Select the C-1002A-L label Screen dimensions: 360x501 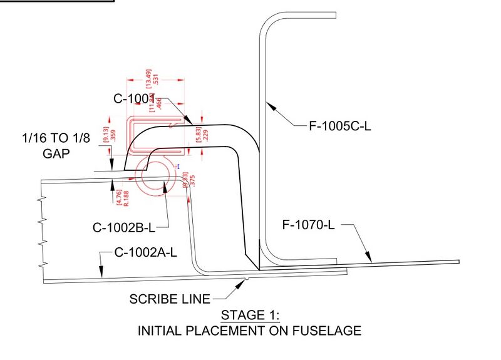[147, 253]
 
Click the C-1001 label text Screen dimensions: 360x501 [133, 98]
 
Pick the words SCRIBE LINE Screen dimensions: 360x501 [170, 299]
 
